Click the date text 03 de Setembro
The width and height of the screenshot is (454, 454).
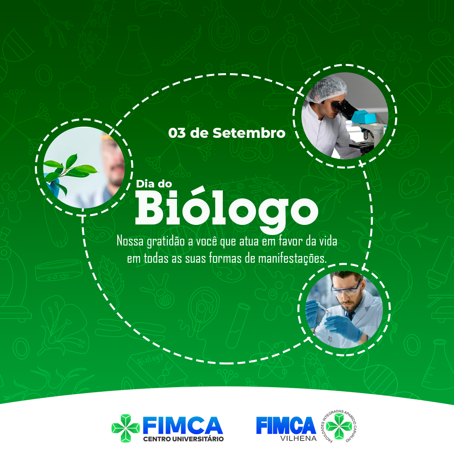(227, 133)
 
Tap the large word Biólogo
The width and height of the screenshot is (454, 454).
(227, 210)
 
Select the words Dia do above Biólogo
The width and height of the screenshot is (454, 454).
(154, 184)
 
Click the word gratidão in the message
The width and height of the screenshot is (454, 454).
(166, 242)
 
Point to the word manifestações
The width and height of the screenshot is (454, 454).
(292, 259)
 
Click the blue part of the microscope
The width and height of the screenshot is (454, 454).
(364, 117)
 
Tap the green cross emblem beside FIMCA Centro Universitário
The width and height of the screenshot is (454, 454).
(126, 428)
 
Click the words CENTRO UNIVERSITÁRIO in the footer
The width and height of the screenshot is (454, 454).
(183, 439)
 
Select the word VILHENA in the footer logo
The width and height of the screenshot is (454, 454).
(298, 438)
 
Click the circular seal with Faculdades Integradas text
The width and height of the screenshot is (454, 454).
(339, 426)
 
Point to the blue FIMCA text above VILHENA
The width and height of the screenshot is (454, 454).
(286, 425)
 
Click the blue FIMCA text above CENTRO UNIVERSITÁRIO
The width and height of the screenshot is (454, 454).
(183, 425)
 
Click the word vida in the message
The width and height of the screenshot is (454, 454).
(328, 241)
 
